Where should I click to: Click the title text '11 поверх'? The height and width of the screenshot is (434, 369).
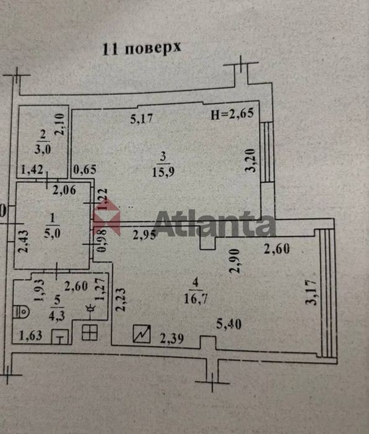point(142,49)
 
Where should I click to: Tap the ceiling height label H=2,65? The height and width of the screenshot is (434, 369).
point(232,113)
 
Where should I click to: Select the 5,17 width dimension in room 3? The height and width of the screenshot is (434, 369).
point(142,119)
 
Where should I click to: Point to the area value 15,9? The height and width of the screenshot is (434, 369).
point(163,172)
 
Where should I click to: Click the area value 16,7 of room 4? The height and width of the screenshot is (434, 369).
point(196,298)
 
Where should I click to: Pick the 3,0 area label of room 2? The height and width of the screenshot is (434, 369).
point(43,149)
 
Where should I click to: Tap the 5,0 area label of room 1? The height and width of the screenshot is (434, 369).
point(52,233)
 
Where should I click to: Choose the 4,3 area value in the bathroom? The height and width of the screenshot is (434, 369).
point(57,316)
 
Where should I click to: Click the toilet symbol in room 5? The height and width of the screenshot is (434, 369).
point(21,311)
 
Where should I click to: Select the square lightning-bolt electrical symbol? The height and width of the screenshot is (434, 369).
point(142,334)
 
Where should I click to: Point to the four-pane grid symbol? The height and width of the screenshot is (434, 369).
point(90,332)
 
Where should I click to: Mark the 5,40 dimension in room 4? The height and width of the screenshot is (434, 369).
point(228,324)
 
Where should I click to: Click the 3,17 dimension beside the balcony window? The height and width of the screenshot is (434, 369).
point(311,292)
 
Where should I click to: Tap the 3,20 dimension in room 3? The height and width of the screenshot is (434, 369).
point(251,161)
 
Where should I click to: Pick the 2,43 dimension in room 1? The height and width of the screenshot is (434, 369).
point(24,241)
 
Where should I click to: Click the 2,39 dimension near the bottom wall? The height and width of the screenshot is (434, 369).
point(172,339)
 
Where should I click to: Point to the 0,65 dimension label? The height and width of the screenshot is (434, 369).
point(85,169)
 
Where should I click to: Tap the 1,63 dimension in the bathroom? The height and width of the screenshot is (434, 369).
point(31,335)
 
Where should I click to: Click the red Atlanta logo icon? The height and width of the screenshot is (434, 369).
point(107,216)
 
